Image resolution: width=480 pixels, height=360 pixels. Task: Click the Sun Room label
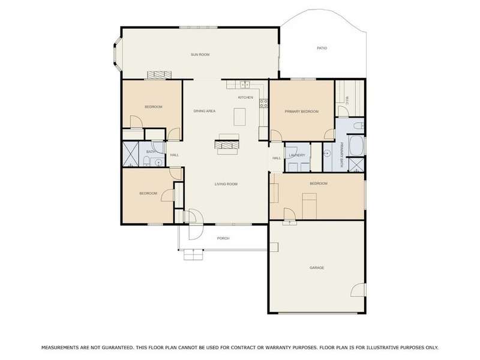(200, 55)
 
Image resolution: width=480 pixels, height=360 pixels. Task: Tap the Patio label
(322, 48)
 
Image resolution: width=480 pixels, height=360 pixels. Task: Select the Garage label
(317, 268)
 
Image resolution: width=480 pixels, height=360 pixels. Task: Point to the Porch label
(223, 238)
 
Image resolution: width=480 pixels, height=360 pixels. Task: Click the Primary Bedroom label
(302, 112)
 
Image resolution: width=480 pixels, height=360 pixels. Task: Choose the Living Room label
(226, 184)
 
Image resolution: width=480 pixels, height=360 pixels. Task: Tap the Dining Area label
(205, 111)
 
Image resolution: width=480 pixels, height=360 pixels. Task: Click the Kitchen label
(245, 97)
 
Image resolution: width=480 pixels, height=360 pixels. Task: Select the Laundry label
(297, 155)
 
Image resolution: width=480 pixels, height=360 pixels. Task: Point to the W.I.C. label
(347, 101)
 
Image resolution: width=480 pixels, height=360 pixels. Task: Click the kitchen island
(239, 116)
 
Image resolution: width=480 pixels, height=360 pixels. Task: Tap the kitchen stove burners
(263, 103)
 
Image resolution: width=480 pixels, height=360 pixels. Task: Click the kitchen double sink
(245, 85)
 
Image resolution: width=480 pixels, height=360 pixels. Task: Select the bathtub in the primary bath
(356, 146)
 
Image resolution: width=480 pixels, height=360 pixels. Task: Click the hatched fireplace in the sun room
(159, 76)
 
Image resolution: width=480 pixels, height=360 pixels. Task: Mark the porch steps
(193, 254)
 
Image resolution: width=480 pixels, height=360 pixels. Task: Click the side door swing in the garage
(358, 290)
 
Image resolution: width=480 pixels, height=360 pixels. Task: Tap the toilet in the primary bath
(358, 125)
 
